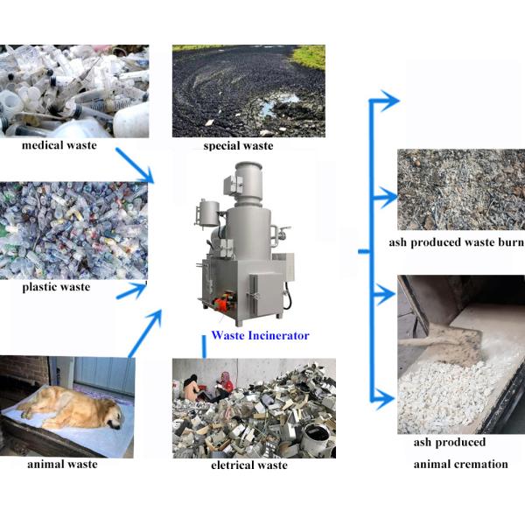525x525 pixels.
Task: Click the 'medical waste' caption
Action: pos(59,145)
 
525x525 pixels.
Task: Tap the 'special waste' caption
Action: pos(239,146)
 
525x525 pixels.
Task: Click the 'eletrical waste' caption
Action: pos(248,465)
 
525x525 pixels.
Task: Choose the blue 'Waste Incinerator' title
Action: pos(260,335)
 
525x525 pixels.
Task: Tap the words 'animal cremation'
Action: pos(460,464)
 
